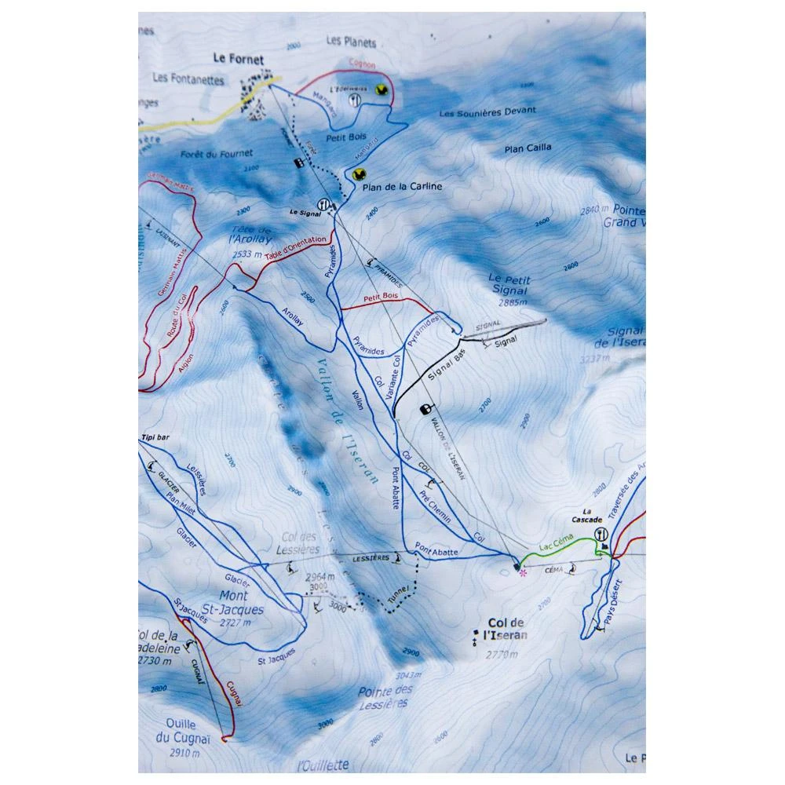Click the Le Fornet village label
pos(238,58)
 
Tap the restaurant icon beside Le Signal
pos(321,202)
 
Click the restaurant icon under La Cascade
pos(602,534)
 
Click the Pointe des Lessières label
pos(385,696)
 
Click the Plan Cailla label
pos(528,147)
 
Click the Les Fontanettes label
pos(189,79)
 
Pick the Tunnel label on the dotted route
pos(399,593)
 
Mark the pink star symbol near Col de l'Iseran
pos(523,573)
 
